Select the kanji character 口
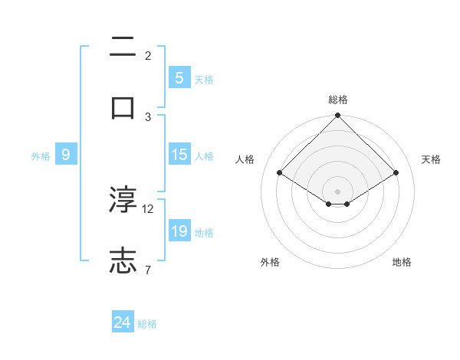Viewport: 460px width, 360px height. [123, 108]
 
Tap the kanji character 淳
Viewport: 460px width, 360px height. [123, 200]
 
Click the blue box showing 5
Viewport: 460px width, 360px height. [179, 78]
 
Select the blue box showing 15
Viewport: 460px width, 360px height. [179, 155]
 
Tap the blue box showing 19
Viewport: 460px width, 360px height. [179, 231]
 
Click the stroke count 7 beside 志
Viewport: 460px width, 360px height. [147, 269]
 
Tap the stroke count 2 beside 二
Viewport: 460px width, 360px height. [147, 56]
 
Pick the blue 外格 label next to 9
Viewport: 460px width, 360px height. [41, 156]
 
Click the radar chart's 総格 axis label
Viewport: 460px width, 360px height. [338, 100]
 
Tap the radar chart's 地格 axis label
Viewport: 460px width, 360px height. [402, 262]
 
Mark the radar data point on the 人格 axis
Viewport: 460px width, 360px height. [280, 172]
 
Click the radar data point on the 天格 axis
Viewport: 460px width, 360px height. [396, 172]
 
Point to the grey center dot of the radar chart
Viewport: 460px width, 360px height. [338, 191]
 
